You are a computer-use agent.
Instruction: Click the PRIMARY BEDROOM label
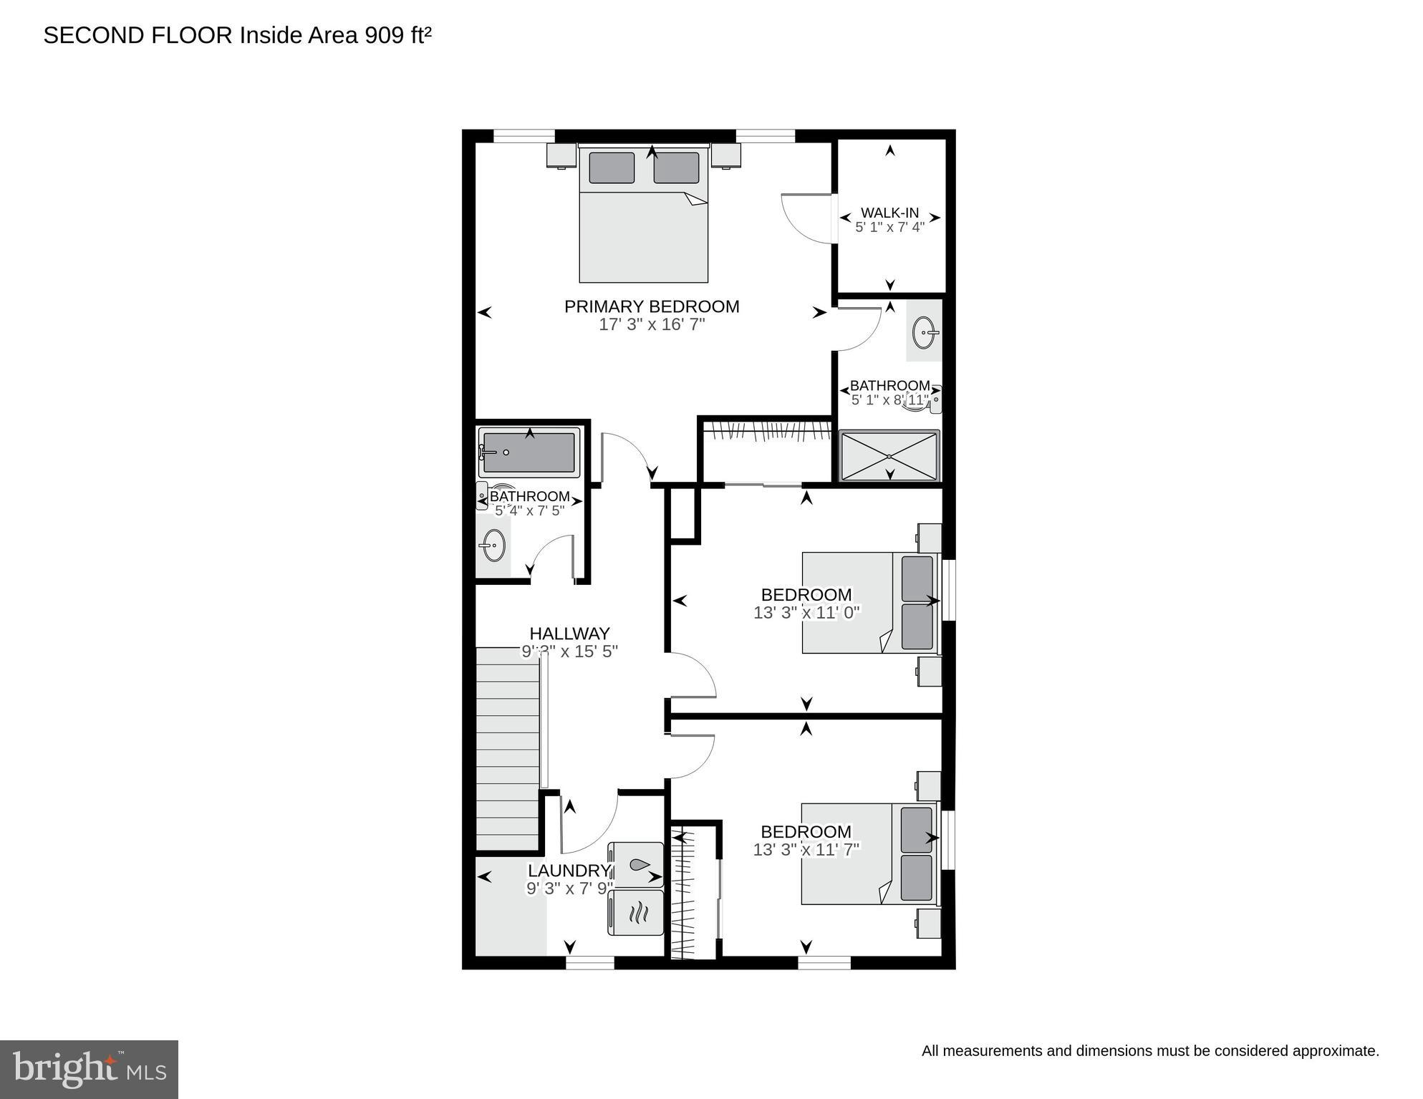point(651,306)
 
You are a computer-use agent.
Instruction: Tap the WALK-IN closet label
point(889,213)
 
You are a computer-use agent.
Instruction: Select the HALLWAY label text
point(569,634)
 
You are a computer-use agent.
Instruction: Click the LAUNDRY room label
point(569,871)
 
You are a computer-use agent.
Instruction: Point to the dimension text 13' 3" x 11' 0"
point(806,613)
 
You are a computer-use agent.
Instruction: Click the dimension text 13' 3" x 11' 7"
point(806,850)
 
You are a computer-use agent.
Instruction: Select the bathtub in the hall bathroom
point(529,452)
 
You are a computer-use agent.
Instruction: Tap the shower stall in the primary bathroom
point(889,456)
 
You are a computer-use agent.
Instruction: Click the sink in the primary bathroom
point(925,332)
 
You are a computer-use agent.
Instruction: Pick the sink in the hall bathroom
point(493,546)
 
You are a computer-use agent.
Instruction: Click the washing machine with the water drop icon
point(636,865)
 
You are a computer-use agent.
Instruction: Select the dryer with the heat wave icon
point(636,912)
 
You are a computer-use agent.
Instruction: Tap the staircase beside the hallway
point(507,748)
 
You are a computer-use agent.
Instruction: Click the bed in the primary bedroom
point(643,229)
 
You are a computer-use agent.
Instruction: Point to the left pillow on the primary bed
point(612,168)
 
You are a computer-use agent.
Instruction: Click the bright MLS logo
point(89,1069)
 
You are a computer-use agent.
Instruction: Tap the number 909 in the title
point(385,35)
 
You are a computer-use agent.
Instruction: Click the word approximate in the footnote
point(1334,1051)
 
